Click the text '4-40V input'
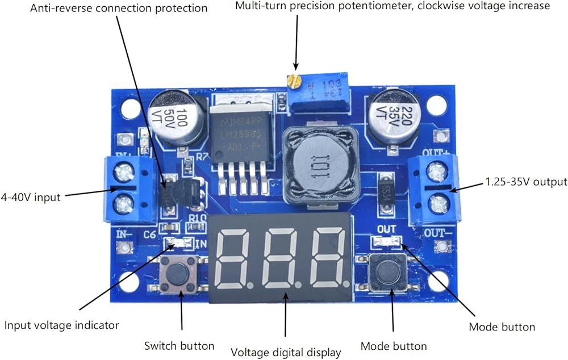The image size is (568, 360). (30, 197)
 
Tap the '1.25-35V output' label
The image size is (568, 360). (526, 182)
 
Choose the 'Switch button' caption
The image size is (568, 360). (179, 346)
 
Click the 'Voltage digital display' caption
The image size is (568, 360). (286, 352)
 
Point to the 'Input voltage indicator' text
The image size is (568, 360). (62, 325)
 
